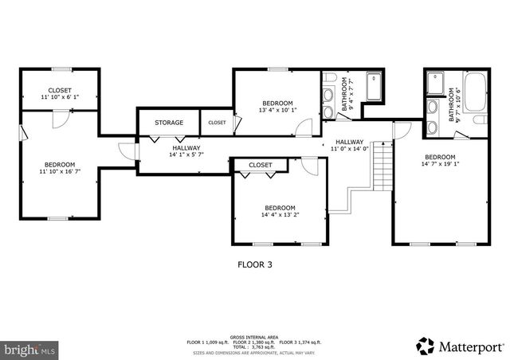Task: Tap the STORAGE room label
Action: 169,123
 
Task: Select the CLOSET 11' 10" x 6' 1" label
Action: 60,93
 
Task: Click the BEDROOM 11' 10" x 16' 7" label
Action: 60,166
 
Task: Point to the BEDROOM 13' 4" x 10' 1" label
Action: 277,107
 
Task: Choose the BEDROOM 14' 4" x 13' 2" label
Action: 280,210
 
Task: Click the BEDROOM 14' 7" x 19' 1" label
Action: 439,161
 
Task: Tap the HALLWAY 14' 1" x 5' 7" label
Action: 186,151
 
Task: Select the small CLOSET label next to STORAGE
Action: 217,123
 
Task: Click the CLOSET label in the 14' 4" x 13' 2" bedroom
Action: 259,165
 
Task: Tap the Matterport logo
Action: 460,346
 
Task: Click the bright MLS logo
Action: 29,349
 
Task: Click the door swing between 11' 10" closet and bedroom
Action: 57,119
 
